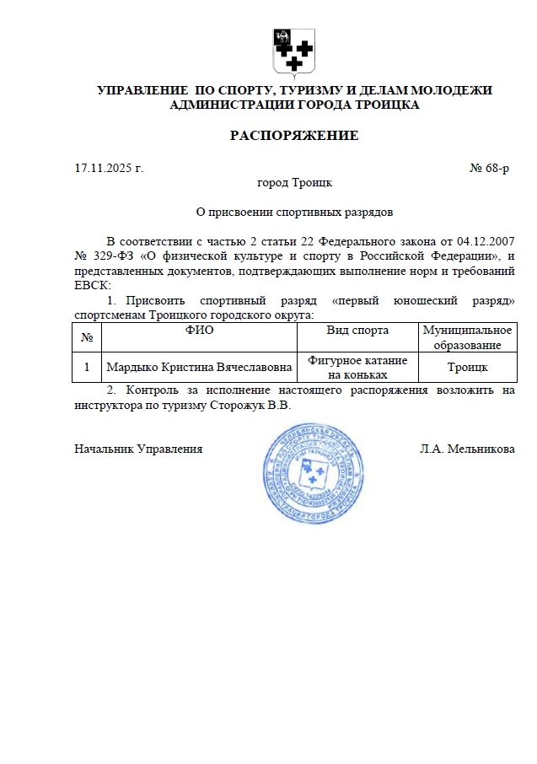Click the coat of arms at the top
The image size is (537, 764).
pos(294,51)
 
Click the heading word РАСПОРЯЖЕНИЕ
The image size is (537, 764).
pos(294,136)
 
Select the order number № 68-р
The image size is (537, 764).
pos(489,169)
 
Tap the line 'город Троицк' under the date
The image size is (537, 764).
pos(294,182)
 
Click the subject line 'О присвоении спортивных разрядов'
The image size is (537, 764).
pos(294,212)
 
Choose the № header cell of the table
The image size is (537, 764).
pos(87,337)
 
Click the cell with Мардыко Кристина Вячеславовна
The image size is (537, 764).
pos(199,367)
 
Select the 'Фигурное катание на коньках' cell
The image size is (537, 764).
pos(357,367)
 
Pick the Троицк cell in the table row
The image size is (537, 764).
pos(467,367)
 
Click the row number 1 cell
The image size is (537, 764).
pos(87,367)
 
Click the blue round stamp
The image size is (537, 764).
pos(314,474)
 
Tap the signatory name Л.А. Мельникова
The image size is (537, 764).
pos(467,449)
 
